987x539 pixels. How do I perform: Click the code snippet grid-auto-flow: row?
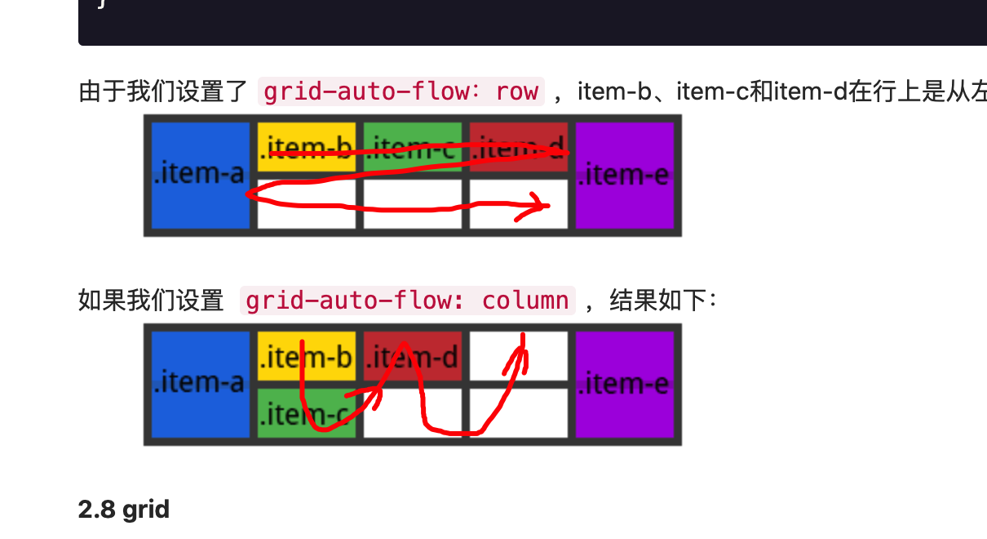coord(401,91)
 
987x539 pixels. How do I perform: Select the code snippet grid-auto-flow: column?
coord(407,301)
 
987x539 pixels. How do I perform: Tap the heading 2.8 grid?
coord(124,510)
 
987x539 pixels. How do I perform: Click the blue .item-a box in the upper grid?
coord(201,175)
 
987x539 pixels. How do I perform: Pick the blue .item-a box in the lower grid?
coord(201,383)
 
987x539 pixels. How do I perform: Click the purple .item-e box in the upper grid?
coord(625,175)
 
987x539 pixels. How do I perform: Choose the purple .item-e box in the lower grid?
coord(625,383)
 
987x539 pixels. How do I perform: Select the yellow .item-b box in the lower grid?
coord(307,356)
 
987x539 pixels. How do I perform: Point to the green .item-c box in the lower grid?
coord(307,412)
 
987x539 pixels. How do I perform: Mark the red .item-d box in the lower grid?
coord(413,356)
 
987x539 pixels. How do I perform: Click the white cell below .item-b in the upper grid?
coord(307,204)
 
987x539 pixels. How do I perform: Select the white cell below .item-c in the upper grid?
coord(413,204)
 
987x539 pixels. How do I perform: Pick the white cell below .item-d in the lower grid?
coord(413,412)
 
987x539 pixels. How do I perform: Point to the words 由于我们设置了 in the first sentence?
coord(163,91)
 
